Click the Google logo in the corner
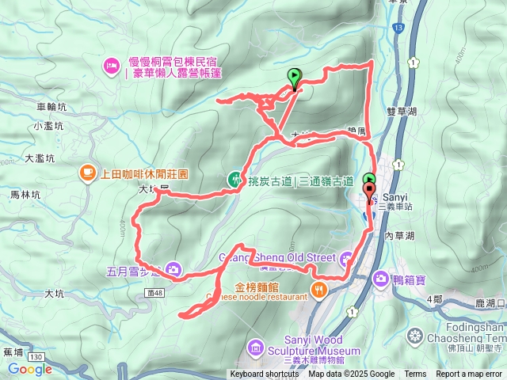click(x=30, y=368)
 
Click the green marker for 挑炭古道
click(x=234, y=179)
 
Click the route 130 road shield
click(x=36, y=359)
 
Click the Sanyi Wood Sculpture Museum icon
click(x=255, y=346)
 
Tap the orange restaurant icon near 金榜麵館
click(x=318, y=288)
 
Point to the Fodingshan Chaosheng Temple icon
click(x=413, y=335)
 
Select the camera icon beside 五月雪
click(x=173, y=270)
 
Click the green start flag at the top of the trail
click(x=295, y=77)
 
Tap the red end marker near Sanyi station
click(x=369, y=190)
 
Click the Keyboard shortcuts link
click(x=265, y=374)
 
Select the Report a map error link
click(x=469, y=374)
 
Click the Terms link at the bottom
click(x=415, y=374)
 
